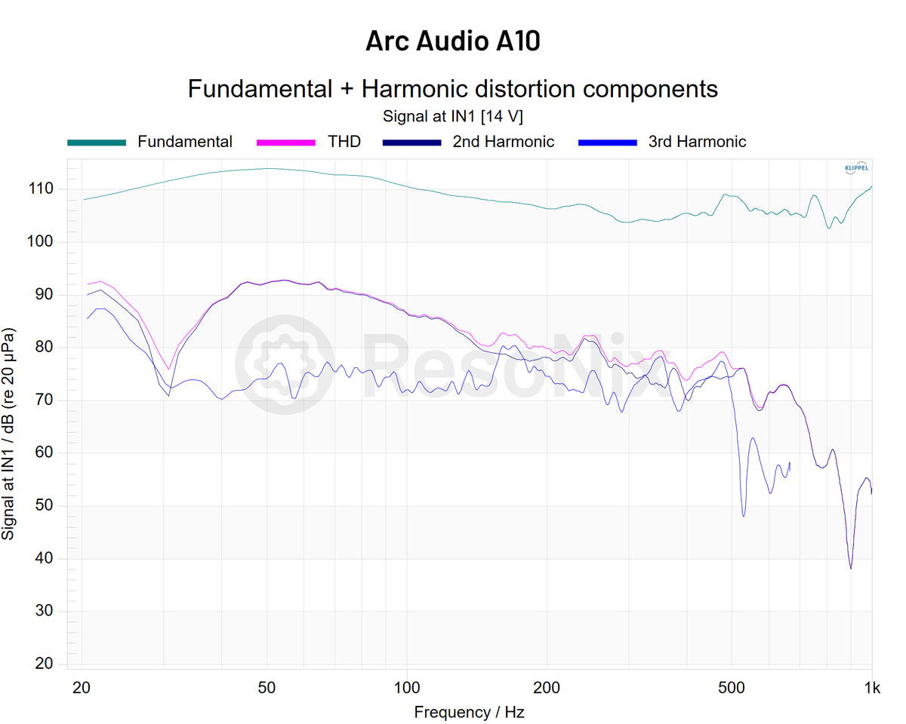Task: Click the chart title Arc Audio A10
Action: (x=453, y=41)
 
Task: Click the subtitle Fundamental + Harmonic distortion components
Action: (x=453, y=89)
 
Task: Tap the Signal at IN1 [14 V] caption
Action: (x=453, y=117)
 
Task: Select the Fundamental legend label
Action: (x=185, y=142)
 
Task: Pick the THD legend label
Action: (x=344, y=142)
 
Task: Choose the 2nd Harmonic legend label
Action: (x=504, y=142)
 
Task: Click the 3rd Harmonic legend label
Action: (x=697, y=142)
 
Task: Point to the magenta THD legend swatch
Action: (x=285, y=142)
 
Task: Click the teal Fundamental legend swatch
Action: (x=97, y=142)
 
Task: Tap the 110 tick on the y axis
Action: (x=51, y=189)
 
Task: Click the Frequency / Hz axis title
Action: (x=469, y=712)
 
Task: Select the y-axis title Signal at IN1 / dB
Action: (x=9, y=434)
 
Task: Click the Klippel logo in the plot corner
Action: (x=855, y=168)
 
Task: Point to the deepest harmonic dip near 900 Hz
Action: (x=851, y=568)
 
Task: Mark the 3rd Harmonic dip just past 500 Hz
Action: (x=744, y=516)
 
